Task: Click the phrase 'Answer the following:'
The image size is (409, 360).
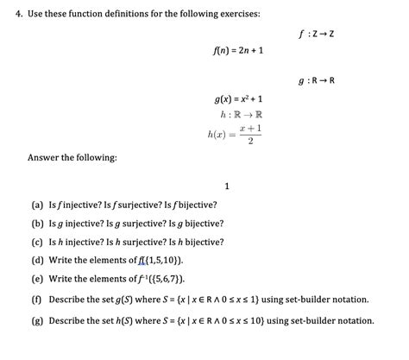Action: [60, 157]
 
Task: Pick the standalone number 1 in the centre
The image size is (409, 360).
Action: [225, 186]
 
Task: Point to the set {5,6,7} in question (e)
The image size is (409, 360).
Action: [167, 279]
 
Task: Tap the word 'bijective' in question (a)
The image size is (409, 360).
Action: [195, 205]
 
